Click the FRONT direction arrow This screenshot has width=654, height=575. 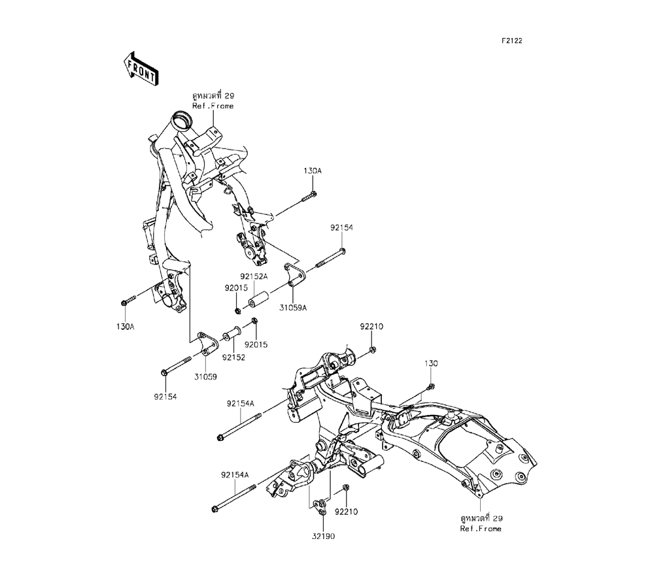coord(139,69)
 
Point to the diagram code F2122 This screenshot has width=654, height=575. coord(511,41)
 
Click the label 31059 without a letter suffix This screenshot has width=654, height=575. coord(205,376)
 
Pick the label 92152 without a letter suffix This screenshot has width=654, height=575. coord(233,357)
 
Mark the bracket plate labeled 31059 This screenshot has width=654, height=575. coord(205,344)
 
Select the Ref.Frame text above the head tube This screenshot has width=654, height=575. coord(213,106)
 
